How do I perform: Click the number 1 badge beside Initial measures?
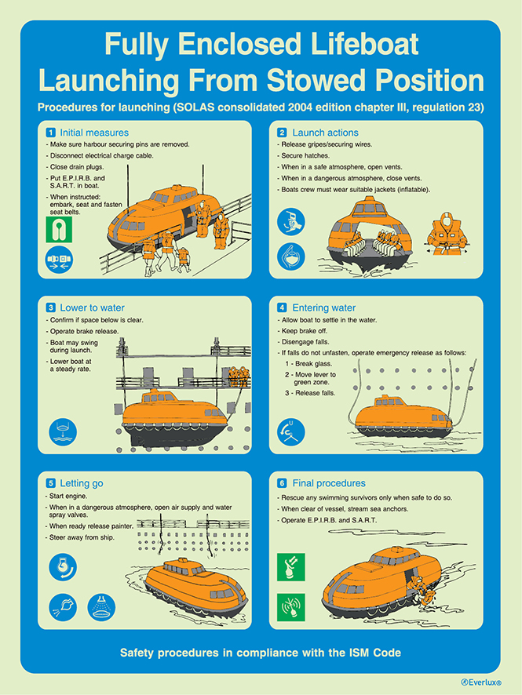[50, 133]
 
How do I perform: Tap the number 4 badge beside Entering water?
[283, 308]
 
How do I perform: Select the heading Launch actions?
[325, 133]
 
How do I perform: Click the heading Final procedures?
[329, 483]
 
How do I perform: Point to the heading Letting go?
[81, 483]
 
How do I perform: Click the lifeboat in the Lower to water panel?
[172, 411]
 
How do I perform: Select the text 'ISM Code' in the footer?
[372, 653]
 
